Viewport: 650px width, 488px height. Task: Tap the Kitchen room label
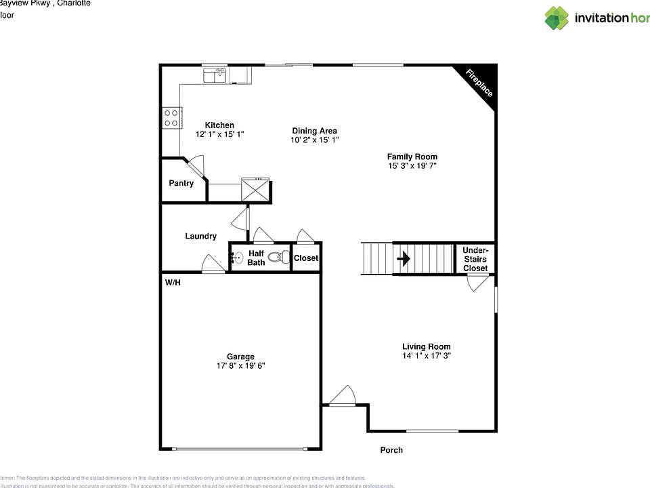click(219, 125)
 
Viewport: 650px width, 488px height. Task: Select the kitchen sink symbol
click(216, 75)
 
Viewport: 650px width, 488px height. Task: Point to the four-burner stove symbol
click(171, 119)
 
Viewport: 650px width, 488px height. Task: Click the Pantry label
click(181, 183)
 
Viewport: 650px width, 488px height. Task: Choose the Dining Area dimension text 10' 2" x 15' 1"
click(314, 140)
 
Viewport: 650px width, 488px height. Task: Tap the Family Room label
click(412, 157)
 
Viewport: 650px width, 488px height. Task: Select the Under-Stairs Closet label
click(475, 260)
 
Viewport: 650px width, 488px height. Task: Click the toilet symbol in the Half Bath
click(277, 258)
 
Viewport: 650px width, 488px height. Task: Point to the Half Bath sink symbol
click(237, 258)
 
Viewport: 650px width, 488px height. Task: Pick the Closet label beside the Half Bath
click(306, 258)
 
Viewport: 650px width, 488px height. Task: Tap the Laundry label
click(200, 236)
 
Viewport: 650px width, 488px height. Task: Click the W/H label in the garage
click(173, 283)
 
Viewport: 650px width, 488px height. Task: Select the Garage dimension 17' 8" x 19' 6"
click(240, 365)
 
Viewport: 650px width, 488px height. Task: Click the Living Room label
click(426, 346)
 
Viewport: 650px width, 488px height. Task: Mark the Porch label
click(391, 450)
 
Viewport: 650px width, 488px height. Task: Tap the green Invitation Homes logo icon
click(557, 18)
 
